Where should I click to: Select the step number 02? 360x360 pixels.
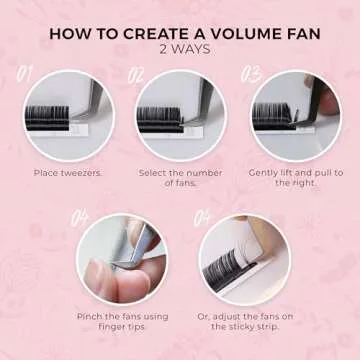click(x=136, y=76)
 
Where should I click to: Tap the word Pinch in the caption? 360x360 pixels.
click(x=87, y=317)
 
